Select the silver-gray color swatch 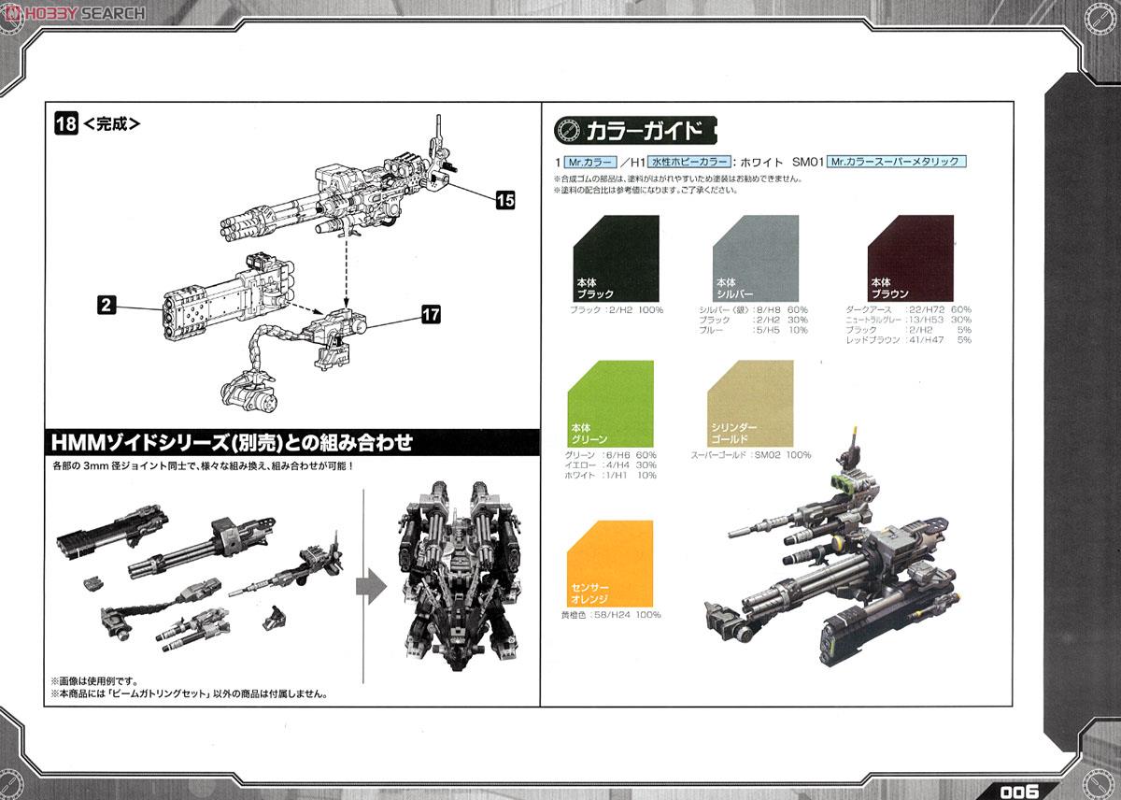755,257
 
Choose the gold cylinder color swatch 751,403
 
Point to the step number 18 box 65,123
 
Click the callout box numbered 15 505,199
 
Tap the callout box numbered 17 431,316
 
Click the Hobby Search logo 74,12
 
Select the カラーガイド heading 635,129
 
